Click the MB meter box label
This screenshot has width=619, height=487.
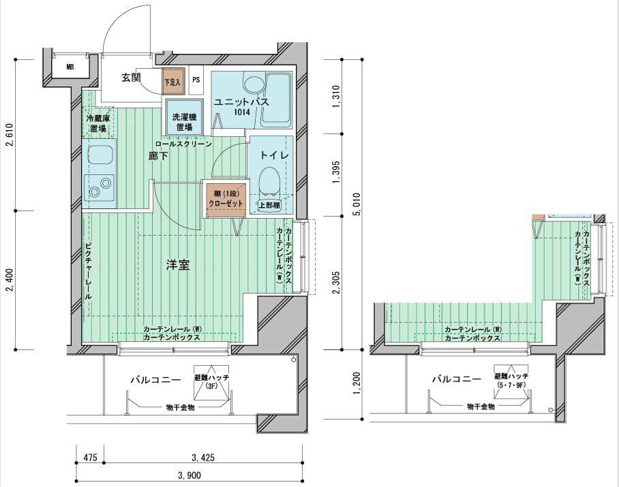click(x=70, y=67)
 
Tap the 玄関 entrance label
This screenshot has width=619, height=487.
click(x=131, y=78)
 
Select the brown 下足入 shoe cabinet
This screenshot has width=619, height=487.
click(x=173, y=82)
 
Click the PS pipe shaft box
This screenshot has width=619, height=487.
click(x=196, y=80)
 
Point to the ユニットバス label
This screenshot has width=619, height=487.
click(x=241, y=101)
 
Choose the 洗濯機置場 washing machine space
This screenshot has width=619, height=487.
click(x=184, y=116)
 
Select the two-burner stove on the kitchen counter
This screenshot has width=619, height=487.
click(x=100, y=188)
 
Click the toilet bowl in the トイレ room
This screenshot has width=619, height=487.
click(x=270, y=181)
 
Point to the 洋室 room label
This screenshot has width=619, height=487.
click(x=178, y=265)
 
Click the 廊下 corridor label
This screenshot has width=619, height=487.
click(x=158, y=156)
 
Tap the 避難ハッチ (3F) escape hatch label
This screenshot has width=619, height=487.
click(x=211, y=381)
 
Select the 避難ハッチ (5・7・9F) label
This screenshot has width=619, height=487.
click(x=511, y=381)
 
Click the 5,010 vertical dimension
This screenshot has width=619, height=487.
click(x=357, y=204)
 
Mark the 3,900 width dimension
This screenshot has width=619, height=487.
click(x=189, y=475)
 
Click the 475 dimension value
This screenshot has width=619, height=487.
click(x=91, y=458)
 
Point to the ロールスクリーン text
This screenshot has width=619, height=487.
click(x=183, y=144)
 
